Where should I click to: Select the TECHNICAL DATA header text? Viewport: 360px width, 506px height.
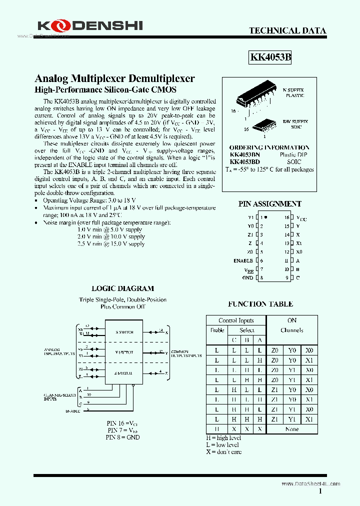click(287, 30)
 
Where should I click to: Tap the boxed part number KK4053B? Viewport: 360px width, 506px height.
click(270, 57)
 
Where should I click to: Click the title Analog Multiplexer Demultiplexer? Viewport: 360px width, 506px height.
click(114, 78)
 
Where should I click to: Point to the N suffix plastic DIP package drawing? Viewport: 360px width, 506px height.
click(247, 98)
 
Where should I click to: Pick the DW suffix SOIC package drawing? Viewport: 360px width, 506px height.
click(263, 124)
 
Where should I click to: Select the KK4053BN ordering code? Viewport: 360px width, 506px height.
click(244, 155)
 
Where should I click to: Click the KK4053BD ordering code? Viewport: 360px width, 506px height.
click(244, 162)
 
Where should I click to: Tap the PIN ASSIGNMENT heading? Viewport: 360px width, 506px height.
click(269, 203)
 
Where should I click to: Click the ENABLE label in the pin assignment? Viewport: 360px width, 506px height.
click(243, 260)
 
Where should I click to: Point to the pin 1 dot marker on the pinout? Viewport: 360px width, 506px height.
click(265, 217)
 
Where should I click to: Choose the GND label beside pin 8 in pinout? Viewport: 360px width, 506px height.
click(247, 277)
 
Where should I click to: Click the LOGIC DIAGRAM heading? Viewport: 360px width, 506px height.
click(122, 288)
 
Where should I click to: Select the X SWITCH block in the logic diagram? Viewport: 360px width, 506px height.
click(124, 332)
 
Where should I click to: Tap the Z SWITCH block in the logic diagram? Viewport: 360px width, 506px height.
click(124, 372)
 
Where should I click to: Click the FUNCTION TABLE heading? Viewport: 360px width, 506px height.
click(260, 304)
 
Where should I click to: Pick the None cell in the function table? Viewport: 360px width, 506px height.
click(292, 428)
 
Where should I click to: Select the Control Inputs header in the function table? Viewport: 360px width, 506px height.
click(236, 320)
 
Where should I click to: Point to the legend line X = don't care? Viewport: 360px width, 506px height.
click(223, 451)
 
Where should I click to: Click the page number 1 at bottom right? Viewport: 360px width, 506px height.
click(320, 491)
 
